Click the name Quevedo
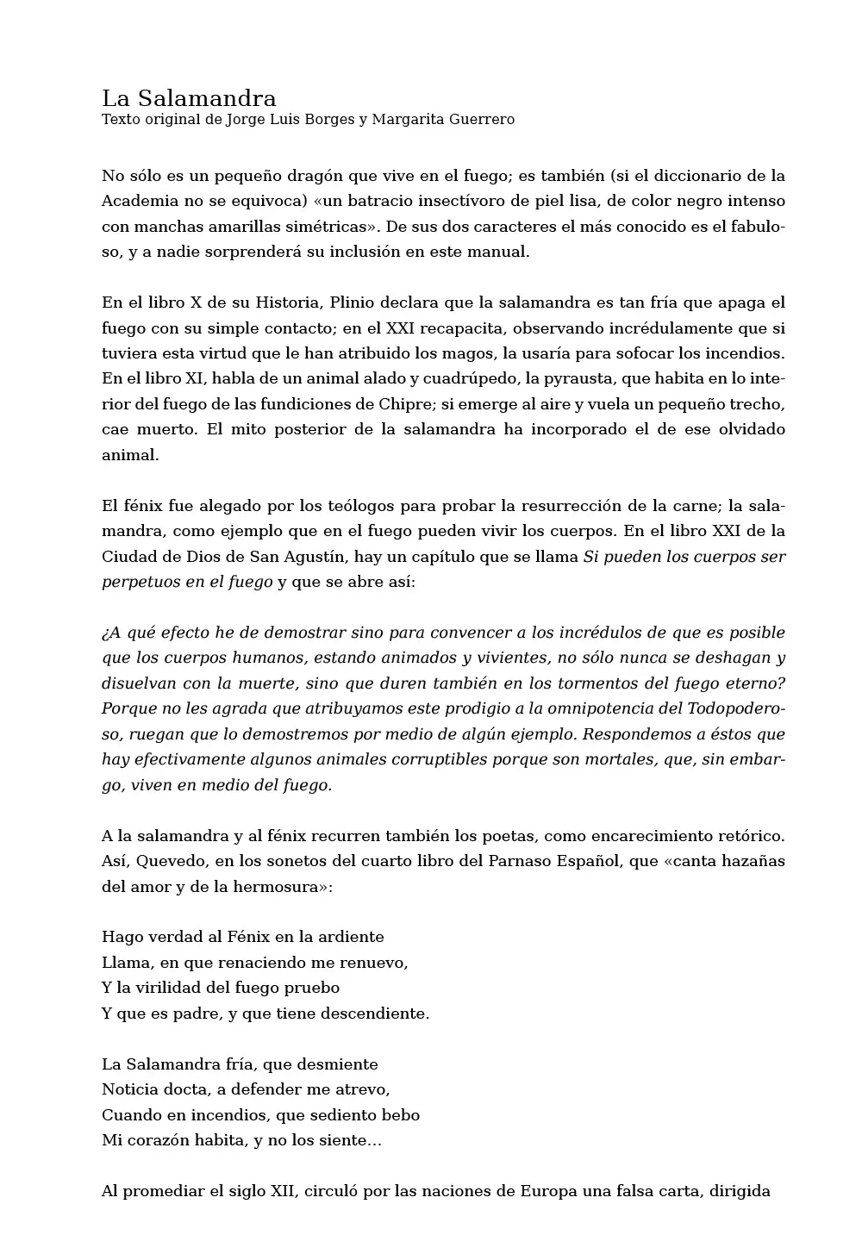(172, 861)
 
